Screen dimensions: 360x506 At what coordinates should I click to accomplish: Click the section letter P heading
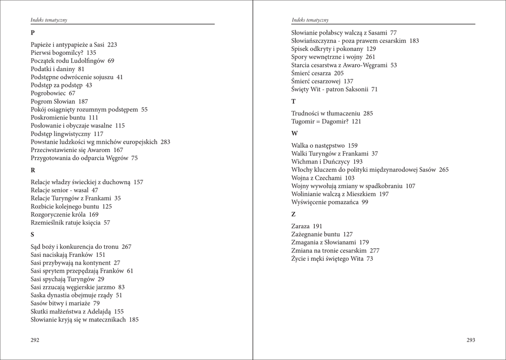[x=33, y=33]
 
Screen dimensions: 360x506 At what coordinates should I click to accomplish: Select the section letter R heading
[x=33, y=170]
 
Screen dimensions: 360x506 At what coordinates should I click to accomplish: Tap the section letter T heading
[x=294, y=101]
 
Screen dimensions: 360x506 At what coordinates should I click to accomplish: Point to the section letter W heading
[x=295, y=133]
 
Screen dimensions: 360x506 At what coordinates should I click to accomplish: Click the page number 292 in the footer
[x=35, y=340]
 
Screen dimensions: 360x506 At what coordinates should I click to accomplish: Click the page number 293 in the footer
[x=470, y=340]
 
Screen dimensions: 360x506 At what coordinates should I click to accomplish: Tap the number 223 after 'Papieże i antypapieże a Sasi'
[x=112, y=44]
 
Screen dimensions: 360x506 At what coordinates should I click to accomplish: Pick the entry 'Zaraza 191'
[x=307, y=226]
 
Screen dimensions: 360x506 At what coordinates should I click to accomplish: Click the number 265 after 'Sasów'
[x=443, y=170]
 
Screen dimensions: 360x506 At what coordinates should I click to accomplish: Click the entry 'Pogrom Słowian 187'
[x=59, y=101]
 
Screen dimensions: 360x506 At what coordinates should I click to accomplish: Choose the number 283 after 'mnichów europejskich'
[x=165, y=142]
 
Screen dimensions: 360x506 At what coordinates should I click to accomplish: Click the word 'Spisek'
[x=300, y=49]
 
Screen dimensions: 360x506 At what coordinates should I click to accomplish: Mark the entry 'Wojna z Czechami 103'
[x=323, y=178]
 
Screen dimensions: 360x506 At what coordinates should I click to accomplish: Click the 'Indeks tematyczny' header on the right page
[x=310, y=20]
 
